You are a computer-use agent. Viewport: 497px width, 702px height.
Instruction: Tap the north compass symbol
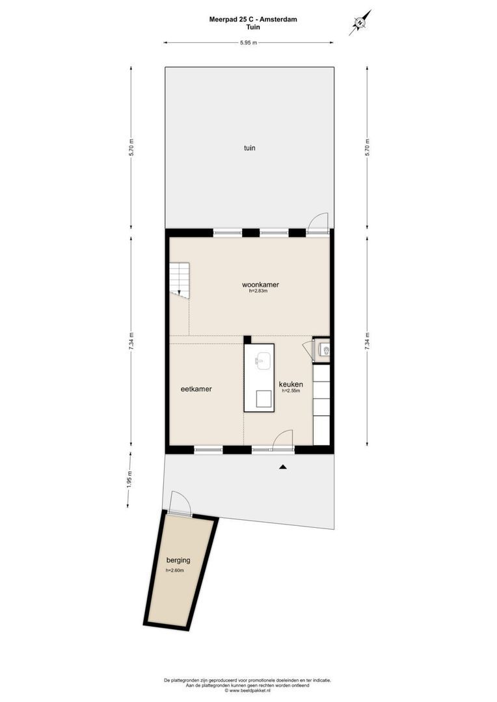[360, 23]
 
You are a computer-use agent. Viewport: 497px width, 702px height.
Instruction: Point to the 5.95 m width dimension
[248, 43]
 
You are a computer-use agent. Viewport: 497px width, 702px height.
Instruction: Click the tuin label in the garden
[249, 148]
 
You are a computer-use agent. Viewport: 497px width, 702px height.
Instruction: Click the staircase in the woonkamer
[180, 280]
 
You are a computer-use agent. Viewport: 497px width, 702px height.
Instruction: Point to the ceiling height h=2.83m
[259, 292]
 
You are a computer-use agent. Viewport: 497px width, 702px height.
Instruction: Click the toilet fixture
[325, 350]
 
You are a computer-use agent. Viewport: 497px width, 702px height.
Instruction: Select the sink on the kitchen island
[263, 360]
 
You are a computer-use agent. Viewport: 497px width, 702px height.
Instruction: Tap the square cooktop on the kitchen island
[263, 398]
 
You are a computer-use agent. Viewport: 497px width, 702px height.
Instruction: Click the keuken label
[290, 384]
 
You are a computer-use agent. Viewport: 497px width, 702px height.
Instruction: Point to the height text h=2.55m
[290, 391]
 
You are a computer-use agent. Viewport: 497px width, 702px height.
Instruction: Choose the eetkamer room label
[196, 389]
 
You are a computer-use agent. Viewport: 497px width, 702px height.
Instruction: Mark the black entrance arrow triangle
[282, 467]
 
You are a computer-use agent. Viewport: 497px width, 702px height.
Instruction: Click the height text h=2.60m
[174, 571]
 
